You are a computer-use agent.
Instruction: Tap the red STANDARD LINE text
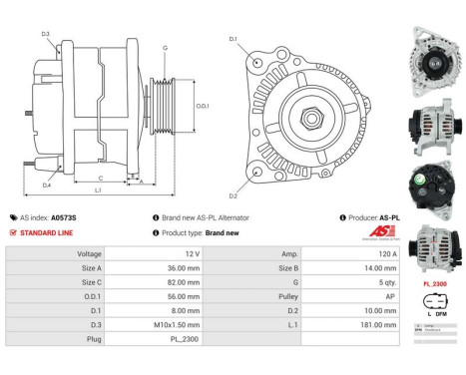click(45, 232)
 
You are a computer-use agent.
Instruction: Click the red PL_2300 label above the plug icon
click(434, 284)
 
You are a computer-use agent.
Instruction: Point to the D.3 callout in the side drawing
click(46, 34)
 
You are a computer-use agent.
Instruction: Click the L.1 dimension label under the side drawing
click(97, 188)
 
